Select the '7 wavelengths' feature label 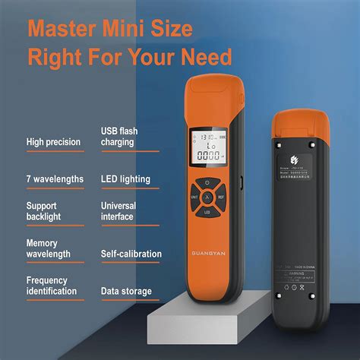(x=54, y=179)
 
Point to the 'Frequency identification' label (x=51, y=286)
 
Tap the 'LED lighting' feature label (x=125, y=179)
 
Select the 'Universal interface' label (x=118, y=211)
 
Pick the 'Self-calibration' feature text (x=131, y=253)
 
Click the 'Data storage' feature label (x=126, y=291)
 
